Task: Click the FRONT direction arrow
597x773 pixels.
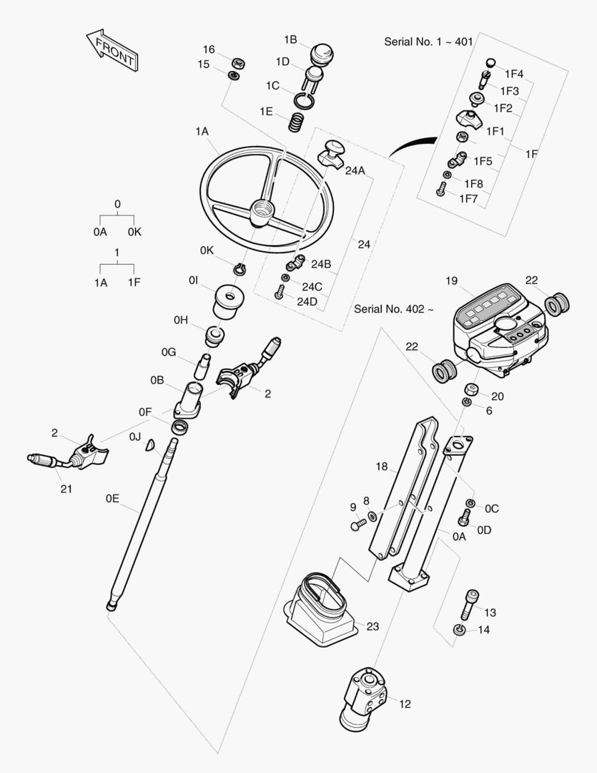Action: click(x=111, y=51)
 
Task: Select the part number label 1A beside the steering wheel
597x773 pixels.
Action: click(x=202, y=132)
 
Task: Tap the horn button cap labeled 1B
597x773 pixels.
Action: click(x=322, y=54)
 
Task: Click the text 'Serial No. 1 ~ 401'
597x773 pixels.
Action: click(x=428, y=42)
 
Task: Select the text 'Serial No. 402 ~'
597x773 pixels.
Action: click(x=393, y=309)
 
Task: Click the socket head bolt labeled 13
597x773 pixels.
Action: click(x=470, y=606)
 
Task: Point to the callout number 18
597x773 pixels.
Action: click(x=382, y=467)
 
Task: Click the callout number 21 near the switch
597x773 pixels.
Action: click(x=66, y=489)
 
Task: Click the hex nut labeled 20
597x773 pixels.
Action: click(x=471, y=389)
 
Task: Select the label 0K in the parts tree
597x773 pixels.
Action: click(x=134, y=232)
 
